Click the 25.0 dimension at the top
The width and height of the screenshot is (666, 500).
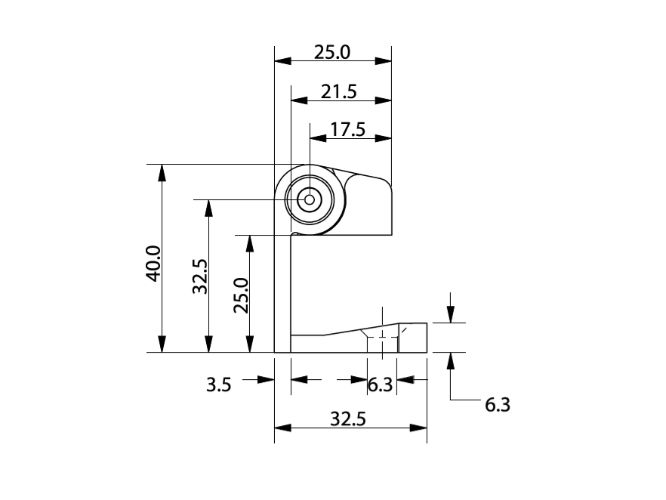click(x=332, y=53)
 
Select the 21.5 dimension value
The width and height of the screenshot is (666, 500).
click(x=338, y=91)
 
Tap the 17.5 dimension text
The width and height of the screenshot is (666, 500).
click(x=347, y=130)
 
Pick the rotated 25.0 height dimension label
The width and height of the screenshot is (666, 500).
click(x=240, y=295)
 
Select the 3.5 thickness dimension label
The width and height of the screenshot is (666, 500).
click(x=219, y=385)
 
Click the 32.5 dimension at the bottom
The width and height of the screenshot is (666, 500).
click(x=348, y=420)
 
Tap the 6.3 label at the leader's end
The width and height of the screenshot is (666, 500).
click(x=497, y=405)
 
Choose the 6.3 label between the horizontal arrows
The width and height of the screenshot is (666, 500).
click(x=380, y=385)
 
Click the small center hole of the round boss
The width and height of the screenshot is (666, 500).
click(x=308, y=199)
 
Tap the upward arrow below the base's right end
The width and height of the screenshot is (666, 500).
click(x=451, y=361)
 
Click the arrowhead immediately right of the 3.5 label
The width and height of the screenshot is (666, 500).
click(x=264, y=380)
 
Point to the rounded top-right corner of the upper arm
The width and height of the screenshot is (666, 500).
click(x=387, y=184)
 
